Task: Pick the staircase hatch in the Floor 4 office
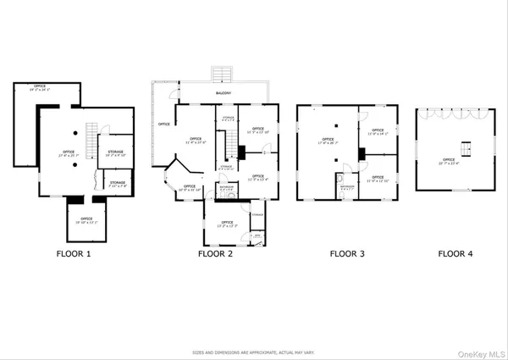point(461,150)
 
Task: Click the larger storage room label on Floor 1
point(116,153)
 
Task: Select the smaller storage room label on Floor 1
point(117,183)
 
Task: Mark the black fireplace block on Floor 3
point(362,154)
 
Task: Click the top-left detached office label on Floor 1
point(40,88)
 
